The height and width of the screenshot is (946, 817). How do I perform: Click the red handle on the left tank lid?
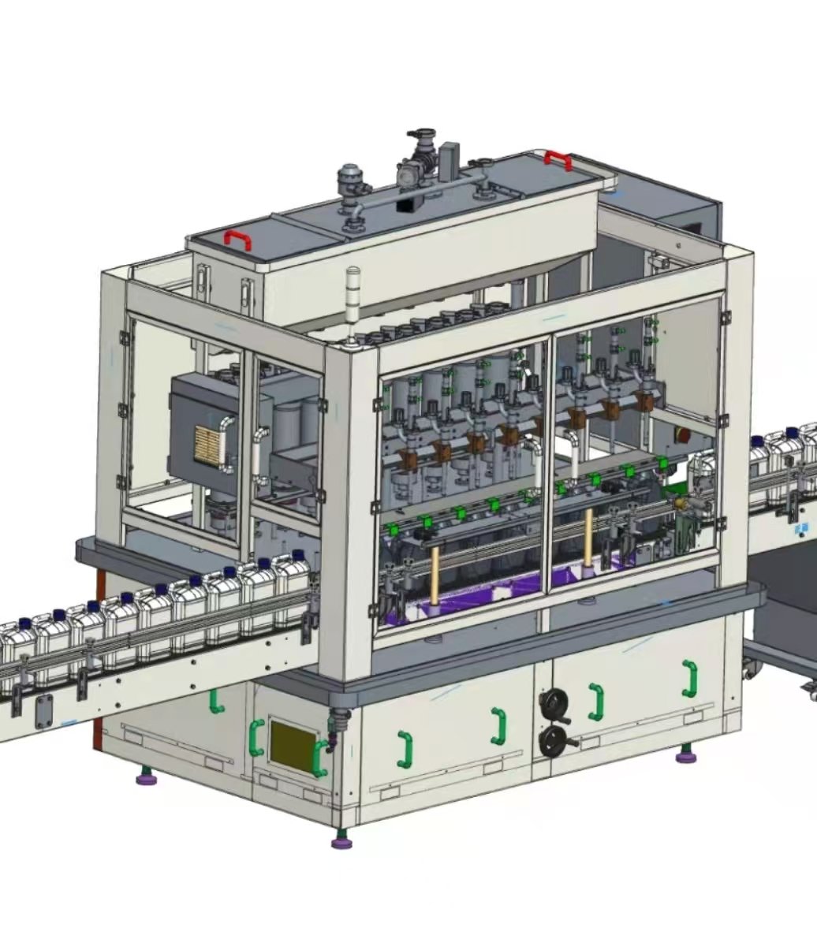click(x=237, y=239)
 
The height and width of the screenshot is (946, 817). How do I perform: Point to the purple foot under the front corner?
click(x=341, y=841)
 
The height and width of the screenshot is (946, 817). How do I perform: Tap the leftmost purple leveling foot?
click(x=146, y=778)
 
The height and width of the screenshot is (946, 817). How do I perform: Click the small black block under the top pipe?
click(x=408, y=203)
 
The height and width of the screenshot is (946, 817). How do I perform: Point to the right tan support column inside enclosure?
click(x=588, y=538)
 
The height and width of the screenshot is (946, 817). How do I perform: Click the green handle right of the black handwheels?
click(x=596, y=701)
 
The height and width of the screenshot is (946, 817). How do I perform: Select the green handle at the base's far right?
click(x=691, y=679)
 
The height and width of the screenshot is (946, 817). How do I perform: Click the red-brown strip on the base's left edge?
click(x=98, y=662)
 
